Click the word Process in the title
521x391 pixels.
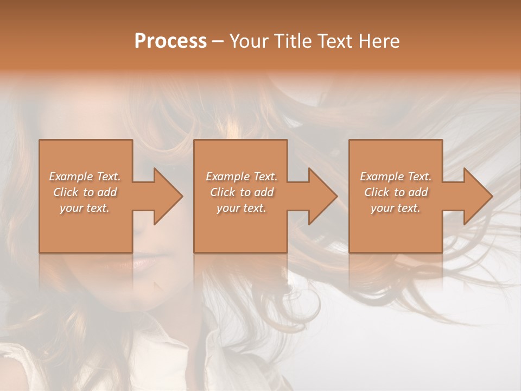(x=170, y=41)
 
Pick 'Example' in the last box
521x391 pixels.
(x=380, y=176)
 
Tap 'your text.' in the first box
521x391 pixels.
(x=85, y=208)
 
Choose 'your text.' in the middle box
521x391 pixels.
(x=241, y=208)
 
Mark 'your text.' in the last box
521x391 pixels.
(x=396, y=208)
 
